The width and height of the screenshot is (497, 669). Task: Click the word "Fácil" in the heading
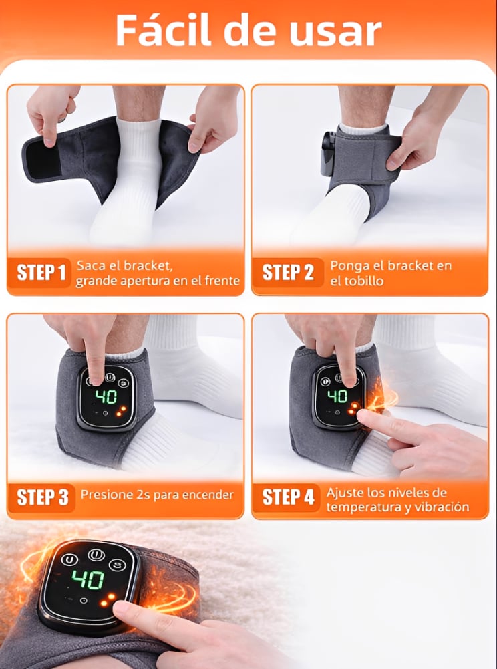(x=163, y=30)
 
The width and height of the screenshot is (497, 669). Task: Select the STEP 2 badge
(x=287, y=273)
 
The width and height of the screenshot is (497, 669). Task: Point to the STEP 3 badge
(x=41, y=497)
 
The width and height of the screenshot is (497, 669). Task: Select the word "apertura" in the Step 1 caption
(x=140, y=281)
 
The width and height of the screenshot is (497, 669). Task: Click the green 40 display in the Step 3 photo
(x=106, y=397)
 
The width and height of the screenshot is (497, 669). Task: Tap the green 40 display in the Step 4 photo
(x=337, y=396)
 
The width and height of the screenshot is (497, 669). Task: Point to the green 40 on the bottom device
(x=88, y=581)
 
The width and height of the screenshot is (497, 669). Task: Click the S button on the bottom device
(x=116, y=565)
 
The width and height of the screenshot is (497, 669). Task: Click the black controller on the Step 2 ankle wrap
(x=327, y=154)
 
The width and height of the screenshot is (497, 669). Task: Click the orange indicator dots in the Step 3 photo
(x=122, y=410)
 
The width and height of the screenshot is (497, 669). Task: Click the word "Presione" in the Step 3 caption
(x=101, y=495)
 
